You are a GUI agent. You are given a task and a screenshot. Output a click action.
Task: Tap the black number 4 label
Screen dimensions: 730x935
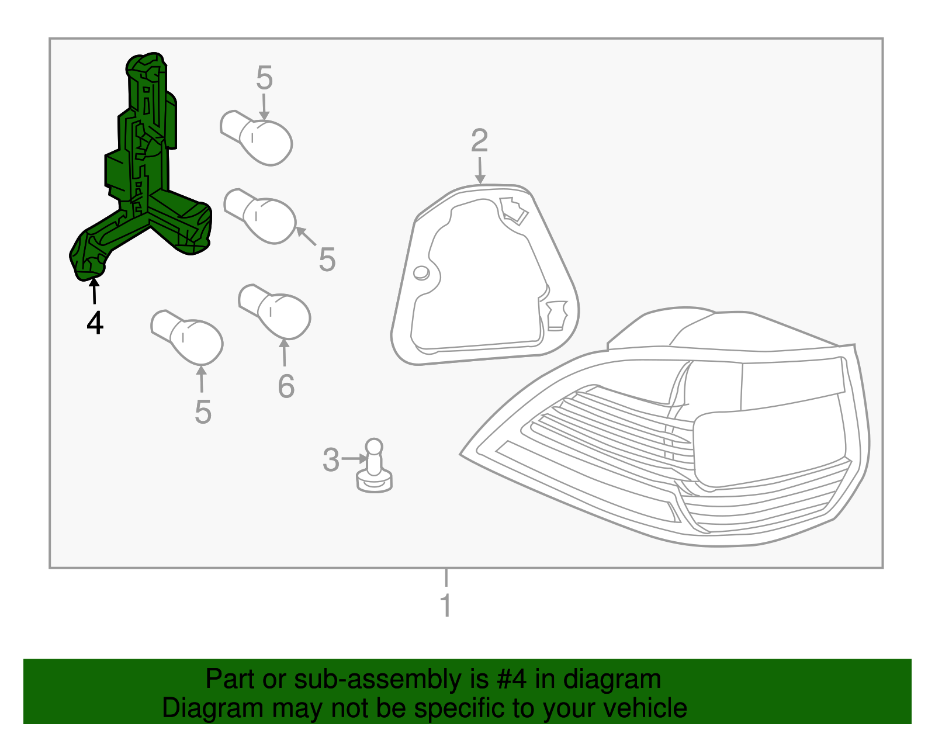point(95,323)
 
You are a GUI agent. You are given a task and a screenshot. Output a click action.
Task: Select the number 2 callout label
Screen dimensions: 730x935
point(479,141)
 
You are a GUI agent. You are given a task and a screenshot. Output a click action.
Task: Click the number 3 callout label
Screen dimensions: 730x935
point(331,460)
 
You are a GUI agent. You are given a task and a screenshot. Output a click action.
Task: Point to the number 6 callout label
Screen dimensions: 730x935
point(286,386)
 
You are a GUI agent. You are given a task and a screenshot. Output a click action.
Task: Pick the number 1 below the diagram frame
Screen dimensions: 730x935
point(446,606)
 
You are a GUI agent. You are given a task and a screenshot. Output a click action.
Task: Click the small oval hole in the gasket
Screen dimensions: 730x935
point(421,273)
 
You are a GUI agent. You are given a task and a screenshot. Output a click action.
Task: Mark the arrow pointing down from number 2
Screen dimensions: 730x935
point(480,171)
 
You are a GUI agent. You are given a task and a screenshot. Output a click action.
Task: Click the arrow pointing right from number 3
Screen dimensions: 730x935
point(354,459)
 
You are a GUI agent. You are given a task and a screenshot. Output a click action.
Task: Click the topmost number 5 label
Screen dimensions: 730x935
point(264,78)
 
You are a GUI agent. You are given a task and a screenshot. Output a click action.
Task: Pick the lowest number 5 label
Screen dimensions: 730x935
point(203,413)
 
